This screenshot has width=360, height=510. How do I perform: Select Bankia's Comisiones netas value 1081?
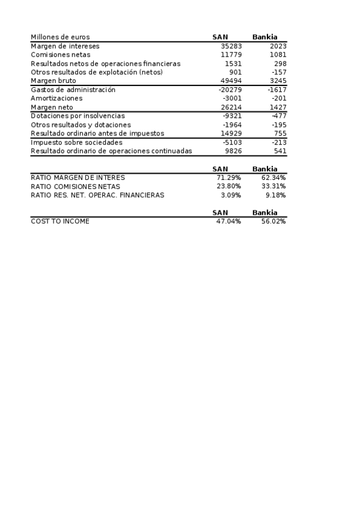[276, 55]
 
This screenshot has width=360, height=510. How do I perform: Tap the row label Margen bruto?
[53, 81]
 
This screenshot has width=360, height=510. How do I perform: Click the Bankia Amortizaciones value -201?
[279, 98]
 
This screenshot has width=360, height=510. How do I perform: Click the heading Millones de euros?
[60, 37]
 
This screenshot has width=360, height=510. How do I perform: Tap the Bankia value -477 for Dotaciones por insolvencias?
[279, 115]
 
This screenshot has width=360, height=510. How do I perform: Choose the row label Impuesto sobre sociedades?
[76, 143]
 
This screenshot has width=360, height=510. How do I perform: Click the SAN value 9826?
[233, 151]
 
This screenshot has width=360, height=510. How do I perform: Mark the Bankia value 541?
[280, 151]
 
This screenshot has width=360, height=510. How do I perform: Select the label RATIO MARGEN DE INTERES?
[78, 178]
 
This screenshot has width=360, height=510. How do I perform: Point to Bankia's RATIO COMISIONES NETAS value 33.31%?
[273, 186]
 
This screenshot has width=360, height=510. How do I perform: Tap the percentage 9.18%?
[275, 195]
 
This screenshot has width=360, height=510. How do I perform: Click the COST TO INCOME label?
[60, 221]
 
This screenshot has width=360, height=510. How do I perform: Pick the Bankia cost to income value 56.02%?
[273, 221]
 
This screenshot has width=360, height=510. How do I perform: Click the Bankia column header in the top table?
[265, 37]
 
